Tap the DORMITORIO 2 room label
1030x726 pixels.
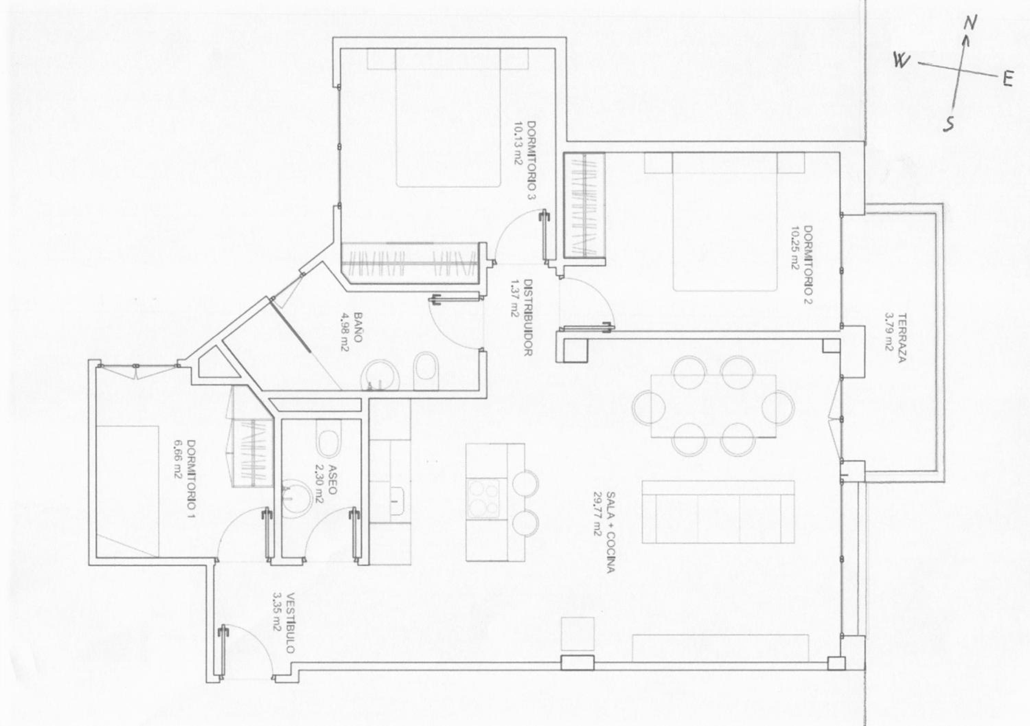tap(808, 265)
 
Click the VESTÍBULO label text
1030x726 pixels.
tap(290, 623)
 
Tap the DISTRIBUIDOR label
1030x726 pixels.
tap(528, 317)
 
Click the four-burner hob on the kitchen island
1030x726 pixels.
tap(483, 499)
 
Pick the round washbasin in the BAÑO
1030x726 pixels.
tap(380, 376)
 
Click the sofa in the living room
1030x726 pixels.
tap(718, 518)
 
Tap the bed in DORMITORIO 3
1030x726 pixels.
tap(448, 117)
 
